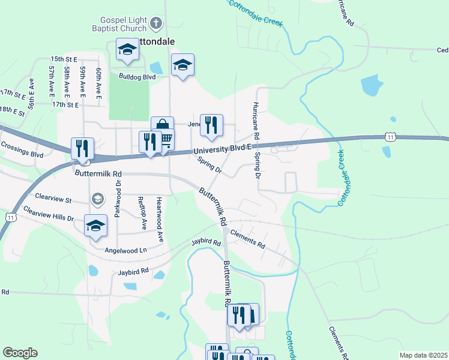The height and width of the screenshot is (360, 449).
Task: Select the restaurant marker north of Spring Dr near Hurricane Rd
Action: [x=211, y=125]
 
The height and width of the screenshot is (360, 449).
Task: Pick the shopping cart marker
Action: [x=166, y=140]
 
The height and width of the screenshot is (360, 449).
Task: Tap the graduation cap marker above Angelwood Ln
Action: [x=95, y=226]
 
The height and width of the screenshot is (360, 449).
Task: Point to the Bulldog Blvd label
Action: [x=137, y=77]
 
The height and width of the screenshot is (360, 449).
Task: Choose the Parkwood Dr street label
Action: [x=118, y=199]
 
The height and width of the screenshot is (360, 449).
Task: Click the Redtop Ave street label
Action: [x=143, y=213]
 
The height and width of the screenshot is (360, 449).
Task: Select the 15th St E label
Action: [x=64, y=59]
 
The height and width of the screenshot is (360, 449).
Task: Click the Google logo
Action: [x=20, y=353]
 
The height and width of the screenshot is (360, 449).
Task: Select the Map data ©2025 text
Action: [x=423, y=355]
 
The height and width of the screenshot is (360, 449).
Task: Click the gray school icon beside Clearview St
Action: [x=96, y=199]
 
